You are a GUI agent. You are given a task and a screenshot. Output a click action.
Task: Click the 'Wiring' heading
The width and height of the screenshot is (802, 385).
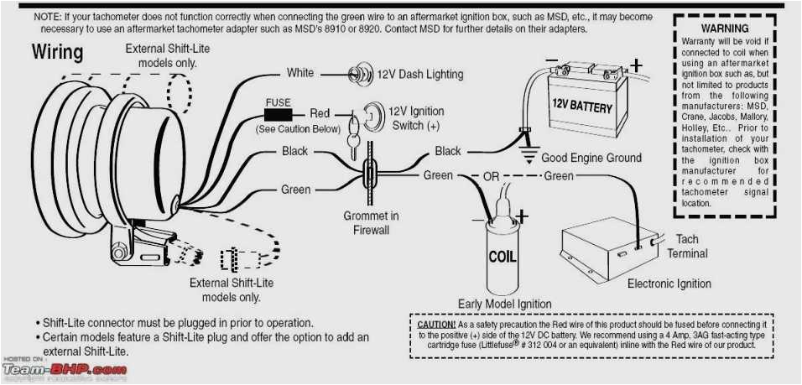pyautogui.click(x=58, y=53)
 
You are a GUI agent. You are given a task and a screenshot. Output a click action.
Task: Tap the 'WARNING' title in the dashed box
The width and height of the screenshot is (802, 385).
pyautogui.click(x=724, y=29)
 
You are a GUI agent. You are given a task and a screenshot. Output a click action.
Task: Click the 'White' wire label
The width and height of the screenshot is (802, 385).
pyautogui.click(x=300, y=73)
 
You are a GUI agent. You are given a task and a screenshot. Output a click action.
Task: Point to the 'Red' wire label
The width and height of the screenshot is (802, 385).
pyautogui.click(x=320, y=113)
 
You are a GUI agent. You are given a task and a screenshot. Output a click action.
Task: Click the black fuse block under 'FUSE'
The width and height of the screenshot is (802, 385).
pyautogui.click(x=278, y=113)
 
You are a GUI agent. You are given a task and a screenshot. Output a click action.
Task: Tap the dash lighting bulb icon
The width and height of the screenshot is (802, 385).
pyautogui.click(x=360, y=74)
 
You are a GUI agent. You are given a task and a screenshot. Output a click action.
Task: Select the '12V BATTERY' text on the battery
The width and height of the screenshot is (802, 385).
pyautogui.click(x=581, y=107)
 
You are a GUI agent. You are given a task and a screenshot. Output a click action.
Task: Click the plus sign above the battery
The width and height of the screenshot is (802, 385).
pyautogui.click(x=636, y=65)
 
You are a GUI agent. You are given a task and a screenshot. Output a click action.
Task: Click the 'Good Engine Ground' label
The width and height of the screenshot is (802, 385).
pyautogui.click(x=591, y=158)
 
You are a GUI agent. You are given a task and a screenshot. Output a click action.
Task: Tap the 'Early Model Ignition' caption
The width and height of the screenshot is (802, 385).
pyautogui.click(x=504, y=304)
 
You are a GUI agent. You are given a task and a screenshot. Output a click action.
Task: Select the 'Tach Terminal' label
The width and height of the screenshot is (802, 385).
pyautogui.click(x=687, y=246)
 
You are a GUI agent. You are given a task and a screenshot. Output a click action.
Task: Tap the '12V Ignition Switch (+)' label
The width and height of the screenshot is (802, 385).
pyautogui.click(x=416, y=118)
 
